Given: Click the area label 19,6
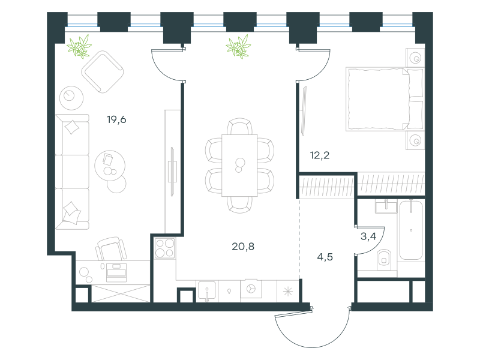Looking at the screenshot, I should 116,119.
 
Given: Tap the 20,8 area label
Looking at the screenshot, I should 243,245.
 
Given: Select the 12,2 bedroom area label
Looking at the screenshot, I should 319,155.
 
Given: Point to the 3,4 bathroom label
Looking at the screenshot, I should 368,236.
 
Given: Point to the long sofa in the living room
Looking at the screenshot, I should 71,170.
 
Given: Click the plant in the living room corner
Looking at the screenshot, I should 79,46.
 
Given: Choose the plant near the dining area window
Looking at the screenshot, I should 239,46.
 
